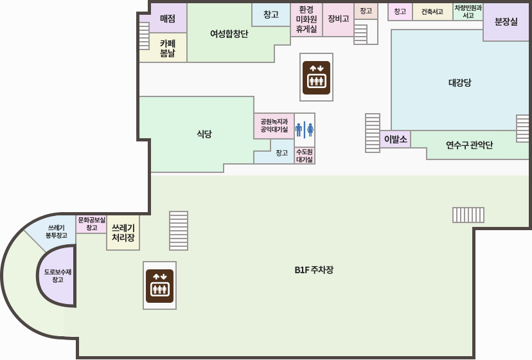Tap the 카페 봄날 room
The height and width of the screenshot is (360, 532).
(x=168, y=48)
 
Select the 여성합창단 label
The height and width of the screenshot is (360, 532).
(x=229, y=33)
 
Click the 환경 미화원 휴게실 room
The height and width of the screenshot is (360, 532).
(x=306, y=19)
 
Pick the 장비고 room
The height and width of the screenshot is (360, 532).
(x=338, y=19)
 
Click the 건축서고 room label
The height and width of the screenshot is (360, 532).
(x=432, y=12)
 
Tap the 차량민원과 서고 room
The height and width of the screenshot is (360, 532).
(x=468, y=12)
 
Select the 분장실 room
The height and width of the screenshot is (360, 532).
(x=506, y=21)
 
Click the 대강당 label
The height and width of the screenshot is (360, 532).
(x=459, y=82)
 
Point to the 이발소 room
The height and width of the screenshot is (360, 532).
(x=395, y=139)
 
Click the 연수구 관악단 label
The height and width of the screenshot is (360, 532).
(x=469, y=145)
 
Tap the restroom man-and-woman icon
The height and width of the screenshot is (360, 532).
(x=305, y=130)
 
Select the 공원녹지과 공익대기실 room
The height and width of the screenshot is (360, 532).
(x=274, y=125)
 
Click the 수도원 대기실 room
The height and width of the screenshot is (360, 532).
(x=305, y=156)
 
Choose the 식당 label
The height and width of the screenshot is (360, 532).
(x=204, y=134)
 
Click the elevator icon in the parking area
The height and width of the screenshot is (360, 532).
(x=159, y=285)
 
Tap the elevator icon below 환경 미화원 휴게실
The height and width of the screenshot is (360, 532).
(x=316, y=77)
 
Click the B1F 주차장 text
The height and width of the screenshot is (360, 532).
(x=314, y=270)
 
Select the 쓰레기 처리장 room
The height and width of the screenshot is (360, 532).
(x=123, y=232)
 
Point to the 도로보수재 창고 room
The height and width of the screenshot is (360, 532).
(x=58, y=276)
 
